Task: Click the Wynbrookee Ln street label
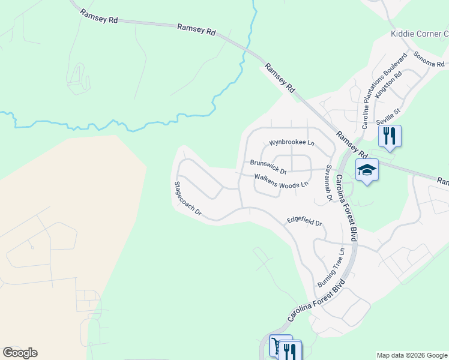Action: point(291,143)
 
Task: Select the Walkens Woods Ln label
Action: point(281,181)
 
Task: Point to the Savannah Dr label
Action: point(328,182)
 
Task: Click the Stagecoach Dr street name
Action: point(187,199)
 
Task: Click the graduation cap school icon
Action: point(367,170)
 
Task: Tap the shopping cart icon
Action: point(279,347)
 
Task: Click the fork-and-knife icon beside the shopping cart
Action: point(291,350)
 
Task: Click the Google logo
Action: point(20,353)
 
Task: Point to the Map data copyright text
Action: point(412,355)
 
